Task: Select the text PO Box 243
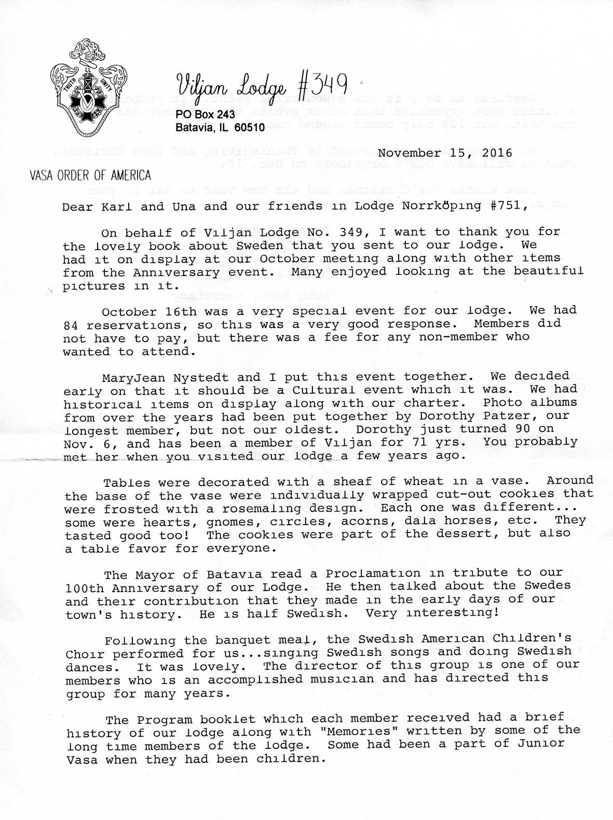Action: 205,114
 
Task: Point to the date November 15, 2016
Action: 445,153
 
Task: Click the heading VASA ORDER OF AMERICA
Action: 90,175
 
